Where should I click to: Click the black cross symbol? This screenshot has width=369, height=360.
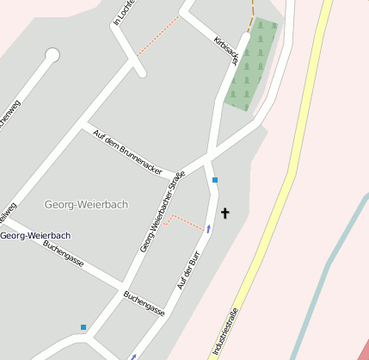coord(225,212)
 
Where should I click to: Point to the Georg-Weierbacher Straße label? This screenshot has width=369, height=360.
coord(163,213)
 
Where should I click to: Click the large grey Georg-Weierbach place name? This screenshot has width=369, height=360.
coord(86,204)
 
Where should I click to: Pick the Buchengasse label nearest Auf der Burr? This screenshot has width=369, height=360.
coord(144,303)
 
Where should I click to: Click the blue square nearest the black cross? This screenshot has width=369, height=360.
coord(215,180)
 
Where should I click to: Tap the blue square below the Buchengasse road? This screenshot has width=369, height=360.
coord(83,327)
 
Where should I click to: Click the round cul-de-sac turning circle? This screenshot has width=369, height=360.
coord(52,56)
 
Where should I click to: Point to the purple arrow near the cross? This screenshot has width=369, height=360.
coord(208,228)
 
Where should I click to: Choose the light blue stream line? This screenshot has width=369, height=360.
coord(327,267)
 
